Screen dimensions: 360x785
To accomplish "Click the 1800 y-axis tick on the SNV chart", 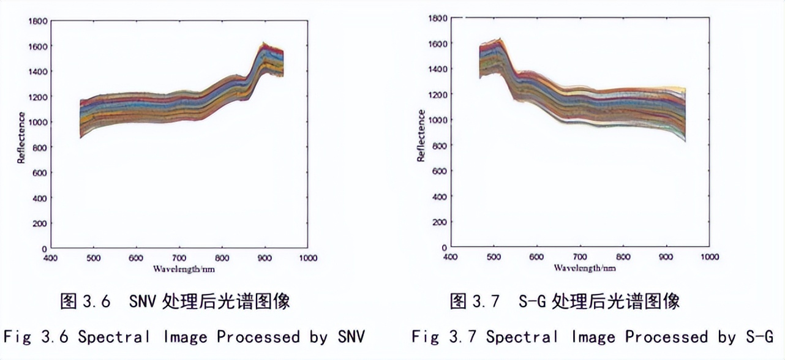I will [x=38, y=21].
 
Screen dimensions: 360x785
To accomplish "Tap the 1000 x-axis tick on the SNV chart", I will [x=308, y=258].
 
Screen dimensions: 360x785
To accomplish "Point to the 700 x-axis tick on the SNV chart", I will [x=179, y=258].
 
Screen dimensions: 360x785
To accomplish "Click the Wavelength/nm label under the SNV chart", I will [x=184, y=269].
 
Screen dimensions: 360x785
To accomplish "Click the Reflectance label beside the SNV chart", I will [x=21, y=138].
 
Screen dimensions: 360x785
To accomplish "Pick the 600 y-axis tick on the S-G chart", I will [x=439, y=171].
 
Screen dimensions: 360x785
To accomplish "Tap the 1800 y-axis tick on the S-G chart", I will [x=437, y=18].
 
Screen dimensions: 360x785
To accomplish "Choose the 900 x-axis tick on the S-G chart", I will [x=666, y=257].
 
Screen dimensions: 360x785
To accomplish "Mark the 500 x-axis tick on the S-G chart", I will [x=493, y=257].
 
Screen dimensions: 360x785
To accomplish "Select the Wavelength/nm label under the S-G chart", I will [x=585, y=268].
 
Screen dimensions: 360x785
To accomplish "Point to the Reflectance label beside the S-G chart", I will [x=421, y=136].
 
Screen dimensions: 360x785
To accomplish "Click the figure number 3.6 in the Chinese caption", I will [x=96, y=301].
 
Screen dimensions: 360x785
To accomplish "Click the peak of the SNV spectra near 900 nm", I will [x=265, y=45].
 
